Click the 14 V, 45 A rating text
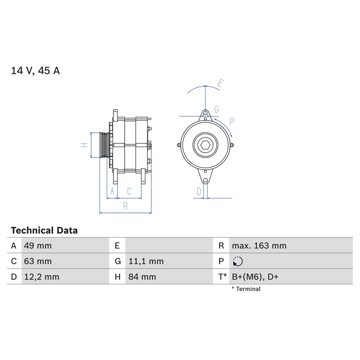point(36,71)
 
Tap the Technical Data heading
point(44,230)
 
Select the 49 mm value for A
point(38,246)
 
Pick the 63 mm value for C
point(38,261)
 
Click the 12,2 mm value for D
point(42,277)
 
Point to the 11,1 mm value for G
point(146,261)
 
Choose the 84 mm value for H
point(142,277)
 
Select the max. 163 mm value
point(259,246)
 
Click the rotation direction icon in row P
point(238,261)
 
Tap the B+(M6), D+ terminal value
point(255,277)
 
